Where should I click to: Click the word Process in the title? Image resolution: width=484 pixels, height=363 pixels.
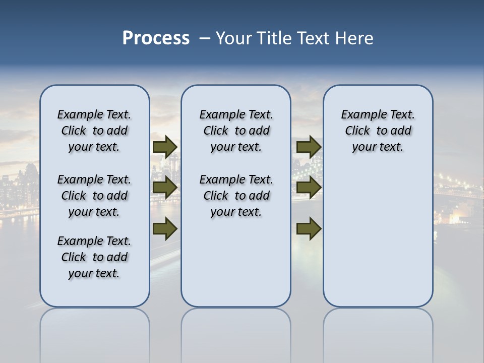156,38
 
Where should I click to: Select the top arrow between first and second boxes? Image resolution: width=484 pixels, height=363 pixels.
164,147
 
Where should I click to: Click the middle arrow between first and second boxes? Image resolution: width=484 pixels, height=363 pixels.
164,188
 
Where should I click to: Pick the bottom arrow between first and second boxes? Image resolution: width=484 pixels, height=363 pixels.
164,229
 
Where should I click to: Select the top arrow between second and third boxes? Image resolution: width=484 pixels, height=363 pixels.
309,147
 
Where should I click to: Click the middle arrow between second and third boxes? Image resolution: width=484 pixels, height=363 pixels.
309,188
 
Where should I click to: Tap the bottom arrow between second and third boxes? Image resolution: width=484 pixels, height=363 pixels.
309,229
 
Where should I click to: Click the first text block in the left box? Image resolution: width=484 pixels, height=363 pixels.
94,131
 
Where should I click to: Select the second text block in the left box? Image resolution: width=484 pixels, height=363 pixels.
94,196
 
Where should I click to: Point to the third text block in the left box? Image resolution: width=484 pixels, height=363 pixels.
94,257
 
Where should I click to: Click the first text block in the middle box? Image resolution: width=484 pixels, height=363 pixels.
236,131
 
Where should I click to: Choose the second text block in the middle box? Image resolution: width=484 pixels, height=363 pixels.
236,196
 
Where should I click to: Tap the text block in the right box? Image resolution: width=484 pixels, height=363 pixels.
378,131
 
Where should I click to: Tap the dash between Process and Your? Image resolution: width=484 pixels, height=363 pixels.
205,39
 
